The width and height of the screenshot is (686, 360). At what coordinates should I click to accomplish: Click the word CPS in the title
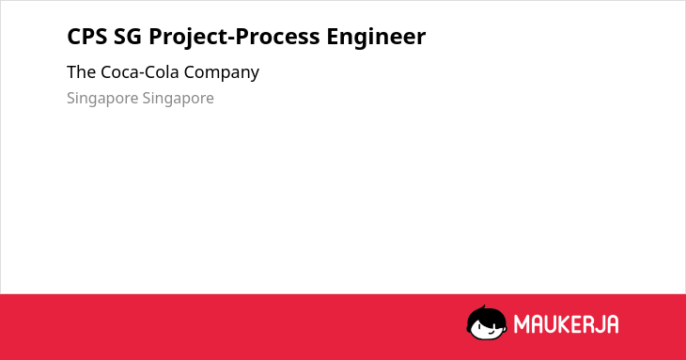87,37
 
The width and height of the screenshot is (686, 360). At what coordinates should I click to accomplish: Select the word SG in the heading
128,37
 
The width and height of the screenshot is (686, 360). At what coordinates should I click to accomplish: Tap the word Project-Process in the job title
234,37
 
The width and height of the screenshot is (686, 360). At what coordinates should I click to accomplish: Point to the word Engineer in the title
376,38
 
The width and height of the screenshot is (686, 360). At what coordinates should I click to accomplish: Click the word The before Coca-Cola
81,72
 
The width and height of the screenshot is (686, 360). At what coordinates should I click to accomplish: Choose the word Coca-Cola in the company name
140,72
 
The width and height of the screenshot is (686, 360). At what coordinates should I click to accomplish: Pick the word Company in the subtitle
222,73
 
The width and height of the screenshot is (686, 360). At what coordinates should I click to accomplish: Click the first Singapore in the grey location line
102,99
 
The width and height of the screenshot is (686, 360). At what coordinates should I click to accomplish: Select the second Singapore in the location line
178,99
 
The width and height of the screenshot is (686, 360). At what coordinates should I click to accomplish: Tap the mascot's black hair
486,316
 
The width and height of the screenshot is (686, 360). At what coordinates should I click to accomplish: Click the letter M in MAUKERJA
522,324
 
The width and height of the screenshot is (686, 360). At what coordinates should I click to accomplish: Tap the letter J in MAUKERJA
601,324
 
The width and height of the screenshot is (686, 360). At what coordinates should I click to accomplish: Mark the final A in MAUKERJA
613,324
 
